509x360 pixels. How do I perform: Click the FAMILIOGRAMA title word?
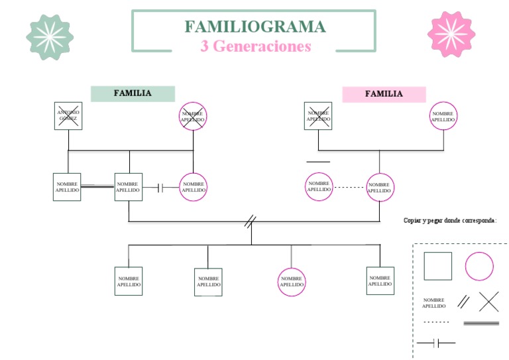click(254, 27)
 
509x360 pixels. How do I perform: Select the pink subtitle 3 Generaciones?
click(255, 46)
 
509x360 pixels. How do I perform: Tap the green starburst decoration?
click(49, 36)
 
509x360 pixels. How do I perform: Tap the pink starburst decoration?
click(451, 34)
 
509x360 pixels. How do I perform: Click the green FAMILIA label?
click(133, 93)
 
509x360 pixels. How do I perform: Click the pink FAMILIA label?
click(384, 94)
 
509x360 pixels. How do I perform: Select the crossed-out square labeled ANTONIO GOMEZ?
click(68, 116)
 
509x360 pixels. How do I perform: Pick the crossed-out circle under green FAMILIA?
click(193, 116)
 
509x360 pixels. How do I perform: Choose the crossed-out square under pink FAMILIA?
click(318, 116)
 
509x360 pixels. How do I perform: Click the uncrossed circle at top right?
click(443, 116)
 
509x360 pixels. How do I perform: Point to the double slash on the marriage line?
click(250, 221)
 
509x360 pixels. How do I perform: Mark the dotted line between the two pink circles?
click(349, 188)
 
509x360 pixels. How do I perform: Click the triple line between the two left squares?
click(97, 186)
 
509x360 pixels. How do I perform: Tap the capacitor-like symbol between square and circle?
click(161, 188)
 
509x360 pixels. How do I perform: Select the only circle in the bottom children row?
click(292, 281)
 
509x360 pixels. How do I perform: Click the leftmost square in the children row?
click(129, 281)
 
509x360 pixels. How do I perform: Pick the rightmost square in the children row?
click(380, 280)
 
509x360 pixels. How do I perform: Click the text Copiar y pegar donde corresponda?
click(450, 220)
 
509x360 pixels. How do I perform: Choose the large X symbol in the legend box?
click(488, 301)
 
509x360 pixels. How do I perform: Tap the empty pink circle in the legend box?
click(479, 267)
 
